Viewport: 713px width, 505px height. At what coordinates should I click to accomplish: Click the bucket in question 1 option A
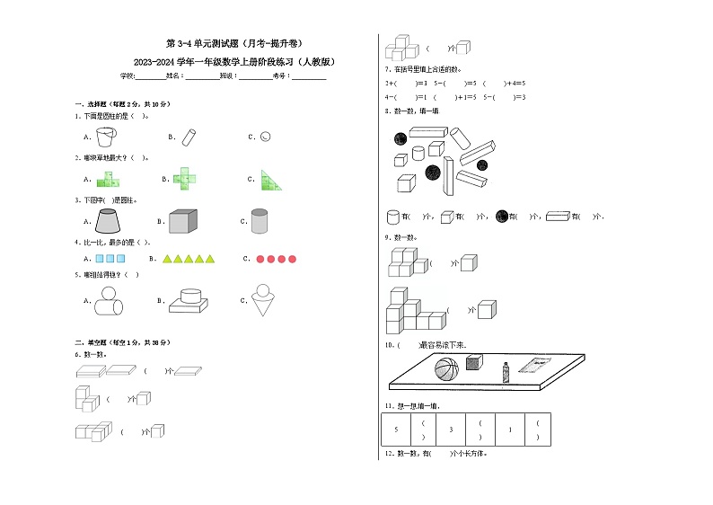[105, 137]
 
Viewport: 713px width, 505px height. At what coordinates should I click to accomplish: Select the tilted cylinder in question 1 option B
[189, 137]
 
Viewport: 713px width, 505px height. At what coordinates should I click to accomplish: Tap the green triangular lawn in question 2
[272, 180]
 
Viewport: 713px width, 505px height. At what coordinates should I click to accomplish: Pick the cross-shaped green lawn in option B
[186, 179]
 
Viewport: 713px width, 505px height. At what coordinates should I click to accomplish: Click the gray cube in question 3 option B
[184, 221]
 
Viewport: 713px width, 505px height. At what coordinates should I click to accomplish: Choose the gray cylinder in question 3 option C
[260, 221]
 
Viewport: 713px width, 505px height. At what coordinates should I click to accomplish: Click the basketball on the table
[446, 368]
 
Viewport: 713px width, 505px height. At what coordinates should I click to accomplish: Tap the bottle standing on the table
[506, 368]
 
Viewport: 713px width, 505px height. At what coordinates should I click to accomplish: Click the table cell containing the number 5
[396, 430]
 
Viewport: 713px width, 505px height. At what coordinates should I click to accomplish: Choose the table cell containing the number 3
[452, 430]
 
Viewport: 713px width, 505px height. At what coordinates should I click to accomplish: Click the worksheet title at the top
[234, 43]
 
